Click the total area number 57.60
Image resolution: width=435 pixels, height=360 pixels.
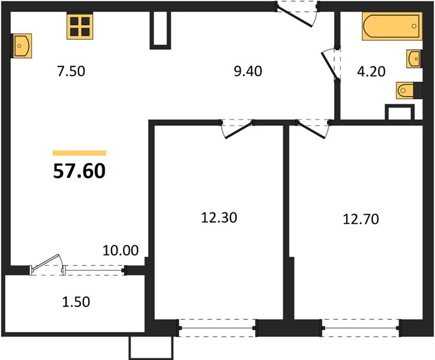point(79,171)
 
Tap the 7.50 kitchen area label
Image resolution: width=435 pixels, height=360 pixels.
point(71,71)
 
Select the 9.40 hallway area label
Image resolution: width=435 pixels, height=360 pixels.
point(248,71)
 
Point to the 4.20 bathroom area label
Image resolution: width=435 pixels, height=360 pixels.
point(371,71)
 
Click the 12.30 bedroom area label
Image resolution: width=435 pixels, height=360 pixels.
point(219,218)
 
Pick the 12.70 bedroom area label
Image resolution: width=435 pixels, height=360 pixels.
point(361,219)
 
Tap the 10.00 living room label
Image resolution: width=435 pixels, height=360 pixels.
point(121,250)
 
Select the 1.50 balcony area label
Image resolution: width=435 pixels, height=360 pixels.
point(76,302)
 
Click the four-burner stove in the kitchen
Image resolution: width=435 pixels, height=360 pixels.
point(80,26)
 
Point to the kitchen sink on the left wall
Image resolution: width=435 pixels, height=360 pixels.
point(22,46)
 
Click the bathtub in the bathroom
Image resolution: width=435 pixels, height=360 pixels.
point(392,26)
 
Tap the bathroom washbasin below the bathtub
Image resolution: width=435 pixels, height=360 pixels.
point(414,59)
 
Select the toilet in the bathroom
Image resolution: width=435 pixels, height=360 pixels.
point(409,90)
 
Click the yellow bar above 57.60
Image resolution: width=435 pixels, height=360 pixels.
point(79,153)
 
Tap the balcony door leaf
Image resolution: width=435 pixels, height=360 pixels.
point(46,262)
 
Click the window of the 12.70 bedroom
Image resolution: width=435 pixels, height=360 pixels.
point(361,328)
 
